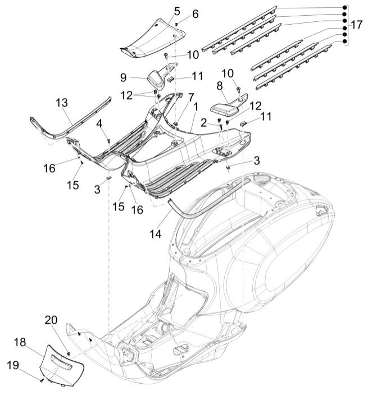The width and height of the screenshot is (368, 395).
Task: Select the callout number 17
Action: pyautogui.click(x=357, y=25)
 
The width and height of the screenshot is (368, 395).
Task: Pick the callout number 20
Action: pyautogui.click(x=51, y=321)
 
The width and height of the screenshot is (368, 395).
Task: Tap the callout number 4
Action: pyautogui.click(x=98, y=123)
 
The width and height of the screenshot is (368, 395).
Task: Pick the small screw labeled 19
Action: pyautogui.click(x=43, y=380)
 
